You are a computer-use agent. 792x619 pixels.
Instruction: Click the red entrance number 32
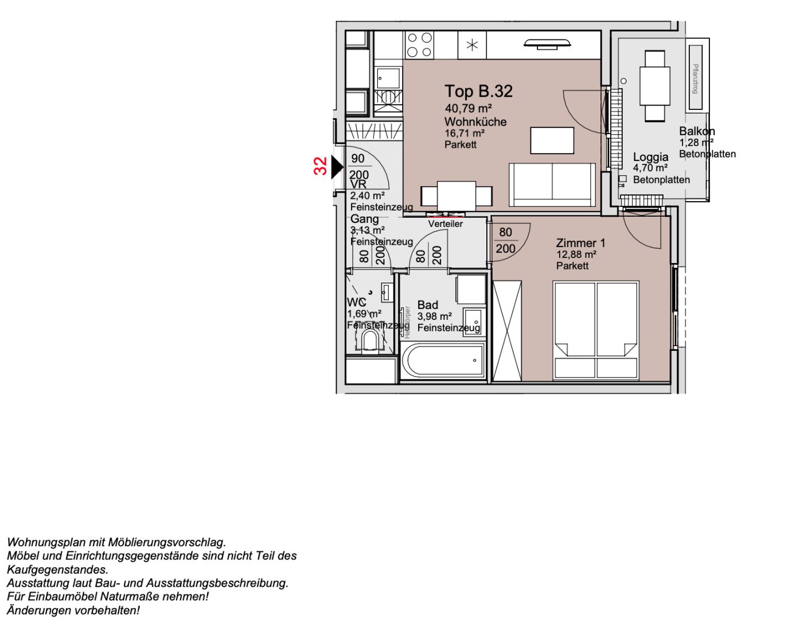[x=321, y=166]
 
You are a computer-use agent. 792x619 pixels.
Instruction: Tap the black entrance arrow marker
[x=337, y=167]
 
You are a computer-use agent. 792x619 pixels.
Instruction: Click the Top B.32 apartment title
[x=478, y=91]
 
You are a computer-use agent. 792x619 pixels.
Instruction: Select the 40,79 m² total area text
[x=468, y=108]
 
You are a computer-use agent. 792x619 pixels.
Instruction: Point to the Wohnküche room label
[x=475, y=122]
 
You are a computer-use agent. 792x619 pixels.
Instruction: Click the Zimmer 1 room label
[x=580, y=243]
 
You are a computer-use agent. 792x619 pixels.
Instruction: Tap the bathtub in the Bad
[x=444, y=361]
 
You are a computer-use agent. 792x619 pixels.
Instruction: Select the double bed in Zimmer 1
[x=596, y=330]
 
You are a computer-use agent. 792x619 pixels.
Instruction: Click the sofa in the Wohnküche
[x=552, y=185]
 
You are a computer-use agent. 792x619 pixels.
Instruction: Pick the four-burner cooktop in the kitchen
[x=419, y=45]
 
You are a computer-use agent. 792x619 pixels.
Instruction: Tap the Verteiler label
[x=445, y=224]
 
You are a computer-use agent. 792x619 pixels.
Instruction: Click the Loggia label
[x=650, y=156]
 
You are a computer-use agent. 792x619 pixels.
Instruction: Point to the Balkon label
[x=697, y=131]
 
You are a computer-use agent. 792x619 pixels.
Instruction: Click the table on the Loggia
[x=655, y=86]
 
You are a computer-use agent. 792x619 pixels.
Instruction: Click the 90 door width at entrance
[x=358, y=159]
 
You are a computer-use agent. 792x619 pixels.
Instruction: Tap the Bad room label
[x=428, y=305]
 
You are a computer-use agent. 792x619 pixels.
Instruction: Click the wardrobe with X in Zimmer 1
[x=507, y=331]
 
